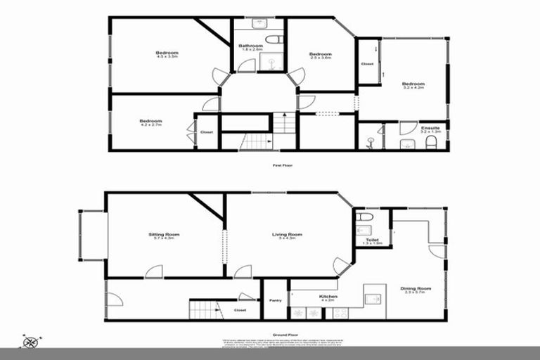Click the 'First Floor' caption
(x=282, y=165)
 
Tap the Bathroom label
(x=252, y=46)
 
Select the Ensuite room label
(x=430, y=128)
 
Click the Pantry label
(x=275, y=301)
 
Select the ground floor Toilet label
(x=372, y=240)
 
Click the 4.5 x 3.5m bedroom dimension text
(x=167, y=58)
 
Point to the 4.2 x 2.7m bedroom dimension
(x=150, y=124)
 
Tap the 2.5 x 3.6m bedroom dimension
(x=320, y=58)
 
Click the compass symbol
(x=30, y=342)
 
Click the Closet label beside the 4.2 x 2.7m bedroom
(x=207, y=132)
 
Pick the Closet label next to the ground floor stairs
(x=240, y=309)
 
